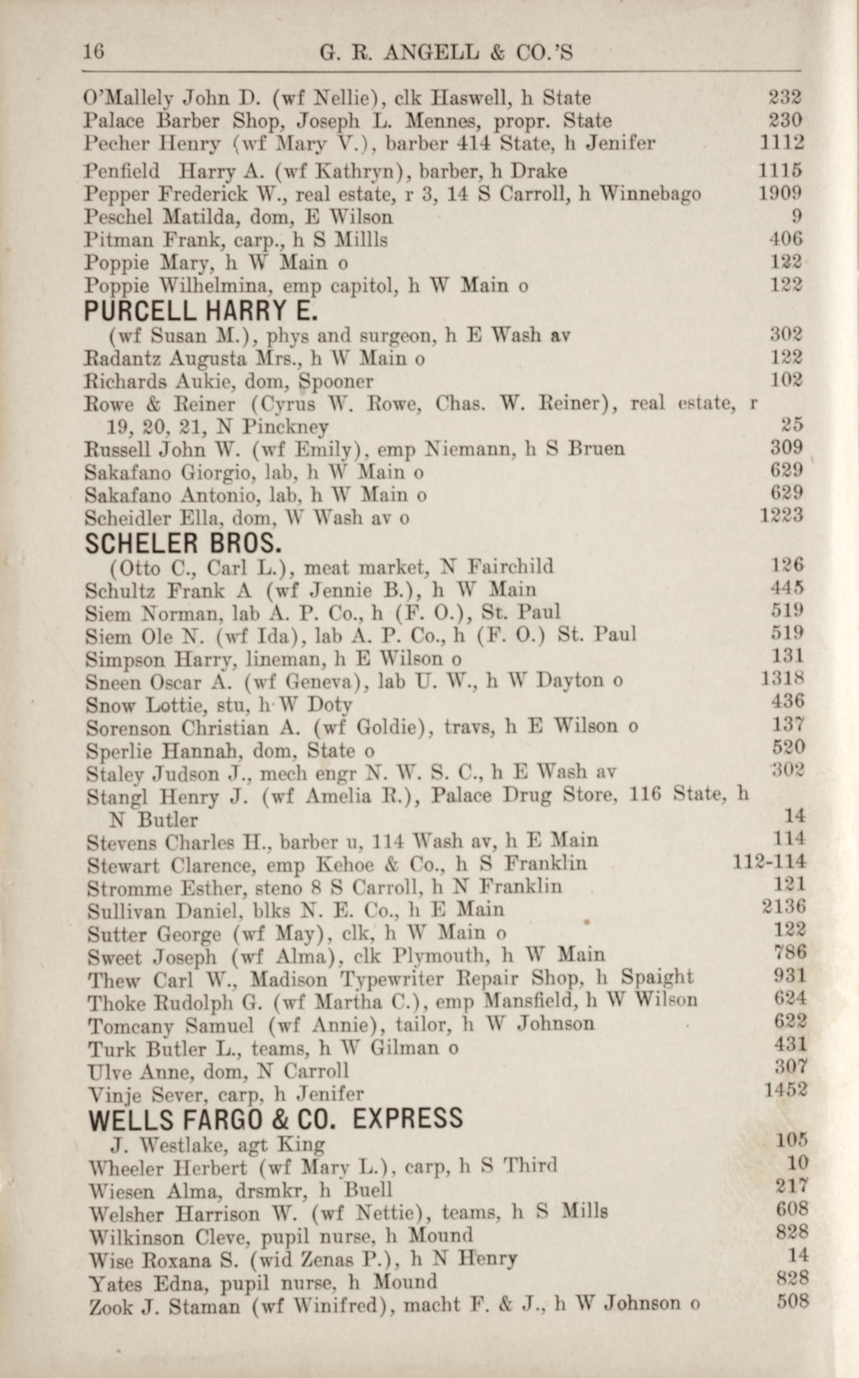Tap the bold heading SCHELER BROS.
[183, 544]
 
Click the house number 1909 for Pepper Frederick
[781, 194]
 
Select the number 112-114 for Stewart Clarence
[769, 862]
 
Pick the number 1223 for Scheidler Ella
[781, 516]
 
